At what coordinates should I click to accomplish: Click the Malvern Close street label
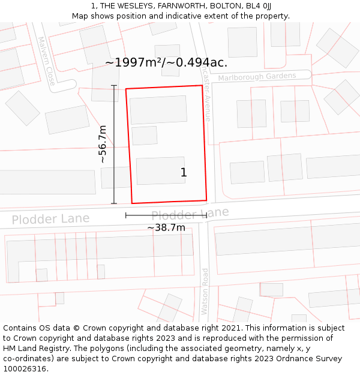46,61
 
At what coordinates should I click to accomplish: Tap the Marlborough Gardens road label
257,77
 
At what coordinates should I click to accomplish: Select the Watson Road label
205,291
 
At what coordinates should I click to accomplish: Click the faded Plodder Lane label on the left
50,218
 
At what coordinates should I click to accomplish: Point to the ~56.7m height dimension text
103,144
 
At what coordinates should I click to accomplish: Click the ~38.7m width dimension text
166,228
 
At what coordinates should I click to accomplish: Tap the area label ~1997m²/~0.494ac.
166,62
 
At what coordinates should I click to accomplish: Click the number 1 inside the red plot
184,173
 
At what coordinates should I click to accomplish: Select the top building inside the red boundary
158,110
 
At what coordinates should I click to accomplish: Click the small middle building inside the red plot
144,136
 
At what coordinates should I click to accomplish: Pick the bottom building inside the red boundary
160,170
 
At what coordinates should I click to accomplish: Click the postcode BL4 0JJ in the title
258,5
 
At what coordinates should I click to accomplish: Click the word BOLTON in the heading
223,5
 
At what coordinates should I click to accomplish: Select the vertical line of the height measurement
114,144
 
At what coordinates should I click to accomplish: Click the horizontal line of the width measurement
166,215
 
